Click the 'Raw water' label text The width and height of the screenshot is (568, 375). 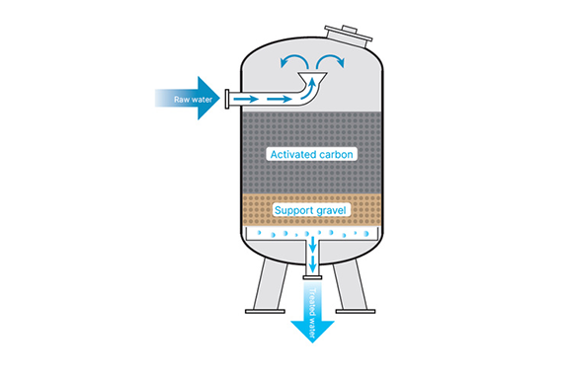(x=193, y=100)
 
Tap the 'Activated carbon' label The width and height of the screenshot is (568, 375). (x=311, y=154)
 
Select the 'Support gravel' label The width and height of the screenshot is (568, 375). (x=310, y=210)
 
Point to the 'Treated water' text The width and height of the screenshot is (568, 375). (x=312, y=314)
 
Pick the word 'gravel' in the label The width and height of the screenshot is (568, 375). (x=329, y=210)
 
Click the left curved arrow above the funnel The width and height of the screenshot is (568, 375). (x=294, y=61)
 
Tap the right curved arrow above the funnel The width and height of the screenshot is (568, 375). (x=330, y=61)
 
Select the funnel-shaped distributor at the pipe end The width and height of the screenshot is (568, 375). (x=312, y=77)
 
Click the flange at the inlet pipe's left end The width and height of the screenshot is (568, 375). (x=227, y=99)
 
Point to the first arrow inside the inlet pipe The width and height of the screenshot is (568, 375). (x=246, y=99)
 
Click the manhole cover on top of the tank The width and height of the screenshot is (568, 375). (x=349, y=34)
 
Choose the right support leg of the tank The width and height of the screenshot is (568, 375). (x=350, y=284)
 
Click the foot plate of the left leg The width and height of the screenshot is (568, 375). (x=265, y=311)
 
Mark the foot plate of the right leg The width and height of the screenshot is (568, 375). (x=356, y=311)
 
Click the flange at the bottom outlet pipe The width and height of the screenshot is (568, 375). (x=312, y=277)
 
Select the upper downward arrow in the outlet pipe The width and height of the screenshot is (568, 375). (x=312, y=245)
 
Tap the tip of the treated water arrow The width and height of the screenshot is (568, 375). (x=312, y=342)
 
